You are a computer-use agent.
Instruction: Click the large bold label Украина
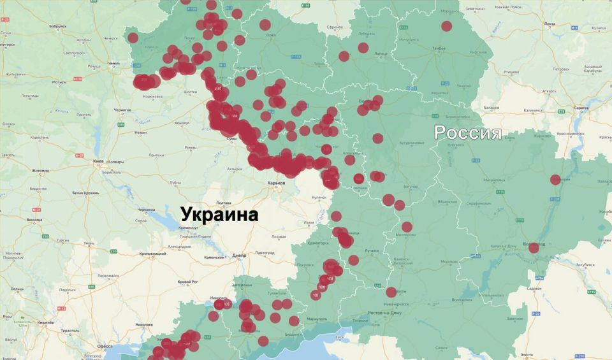[x=219, y=214]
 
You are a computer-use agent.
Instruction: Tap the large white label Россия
[x=467, y=133]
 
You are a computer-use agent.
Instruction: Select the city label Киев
[x=99, y=161]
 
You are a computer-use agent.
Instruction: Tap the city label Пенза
[x=550, y=24]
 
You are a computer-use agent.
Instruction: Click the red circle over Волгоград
[x=534, y=247]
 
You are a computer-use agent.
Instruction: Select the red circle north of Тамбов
[x=446, y=26]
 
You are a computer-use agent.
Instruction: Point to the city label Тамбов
[x=439, y=48]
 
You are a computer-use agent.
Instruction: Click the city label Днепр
[x=239, y=256]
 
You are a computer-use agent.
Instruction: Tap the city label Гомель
[x=113, y=64]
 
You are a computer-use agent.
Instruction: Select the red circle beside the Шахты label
[x=391, y=292]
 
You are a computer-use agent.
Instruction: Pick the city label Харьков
[x=275, y=183]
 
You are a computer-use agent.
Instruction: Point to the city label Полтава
[x=224, y=203]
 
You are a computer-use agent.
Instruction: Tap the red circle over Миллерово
[x=407, y=227]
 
